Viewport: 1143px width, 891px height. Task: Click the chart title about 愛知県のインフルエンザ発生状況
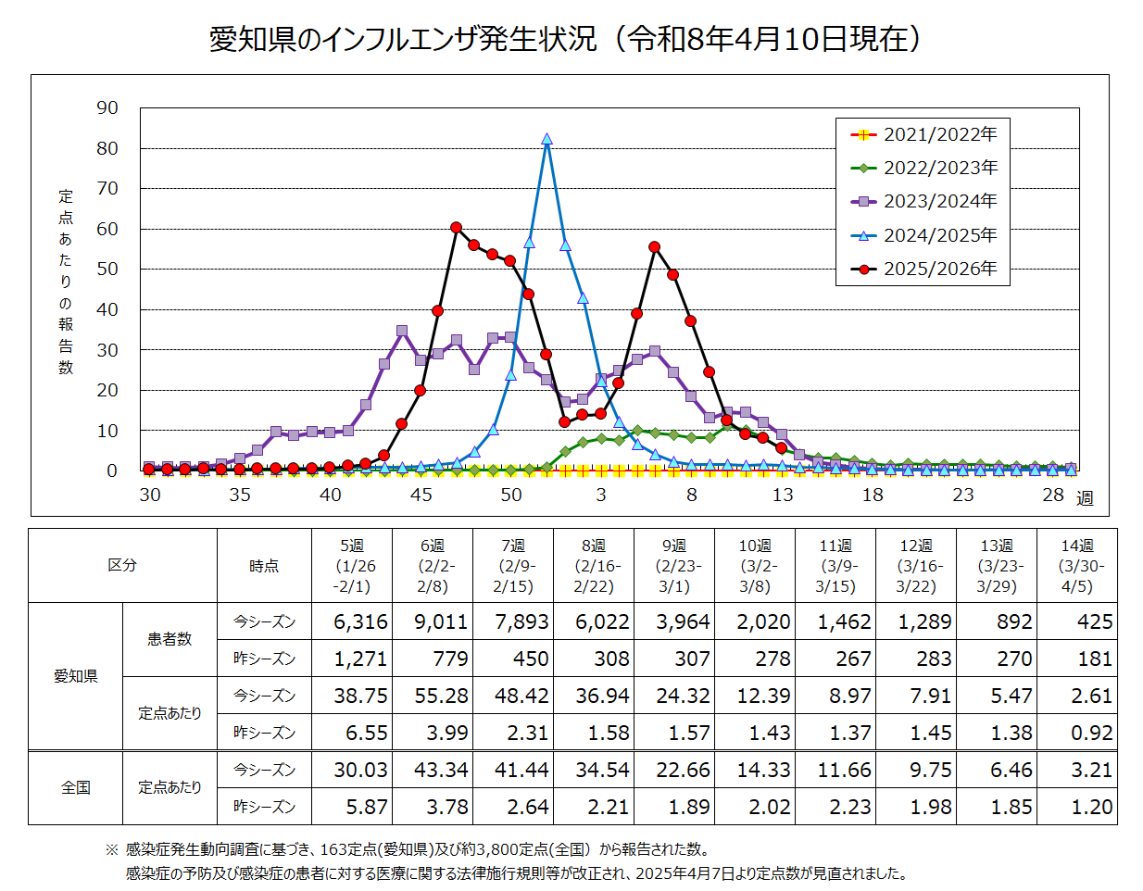point(566,39)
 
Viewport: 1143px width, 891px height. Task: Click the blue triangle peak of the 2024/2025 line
point(546,139)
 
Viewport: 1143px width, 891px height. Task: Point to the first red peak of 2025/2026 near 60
point(456,227)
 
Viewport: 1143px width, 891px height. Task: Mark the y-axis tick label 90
point(107,108)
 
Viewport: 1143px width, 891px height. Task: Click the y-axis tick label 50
point(107,270)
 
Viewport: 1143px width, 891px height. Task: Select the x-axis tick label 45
point(421,495)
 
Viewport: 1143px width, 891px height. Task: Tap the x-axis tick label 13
point(783,495)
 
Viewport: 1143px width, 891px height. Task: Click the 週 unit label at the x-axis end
point(1085,498)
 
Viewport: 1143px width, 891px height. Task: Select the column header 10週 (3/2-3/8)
point(755,566)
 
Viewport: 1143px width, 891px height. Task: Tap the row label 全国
point(76,787)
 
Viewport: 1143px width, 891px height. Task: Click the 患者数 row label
point(170,639)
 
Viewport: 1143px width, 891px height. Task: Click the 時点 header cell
point(264,566)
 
